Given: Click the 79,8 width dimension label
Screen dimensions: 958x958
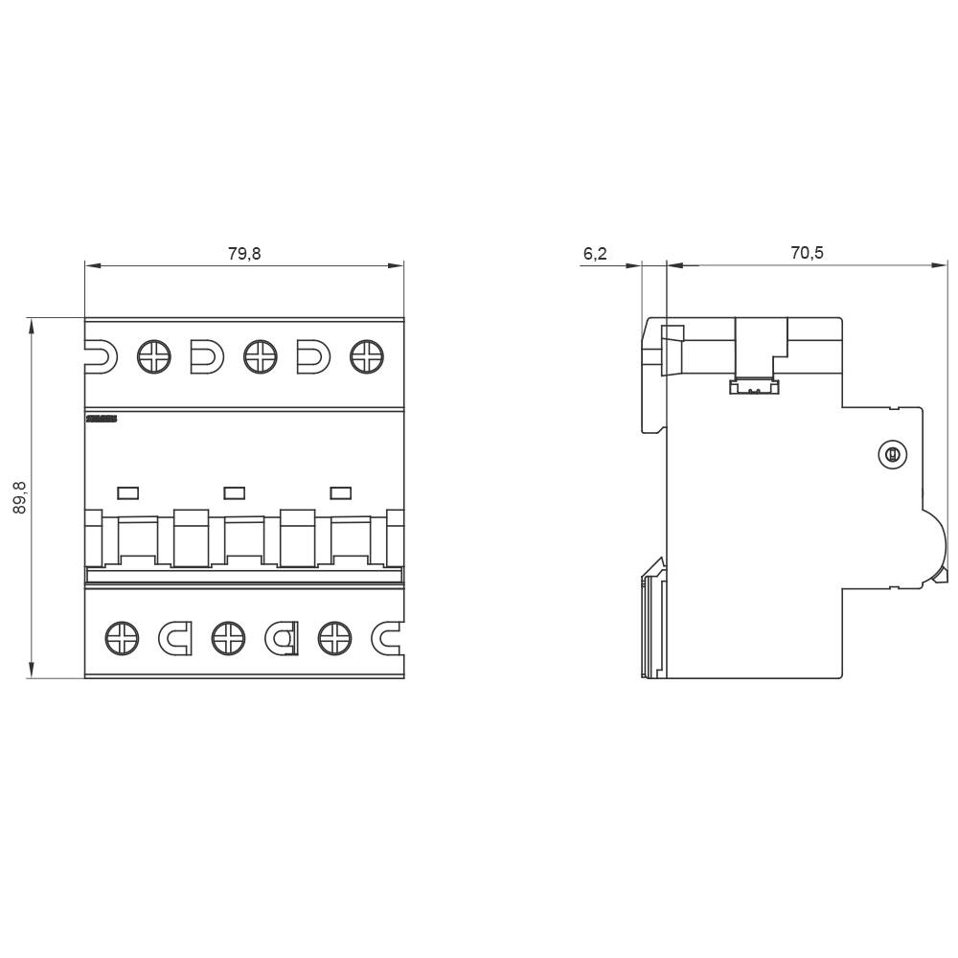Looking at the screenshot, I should pos(244,254).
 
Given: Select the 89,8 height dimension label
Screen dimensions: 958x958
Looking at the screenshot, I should pos(20,498).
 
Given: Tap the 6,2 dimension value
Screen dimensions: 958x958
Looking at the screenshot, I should pos(595,254).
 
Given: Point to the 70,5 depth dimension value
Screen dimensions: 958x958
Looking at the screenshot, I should pos(807,254).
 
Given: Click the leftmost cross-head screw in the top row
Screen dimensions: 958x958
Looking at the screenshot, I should pos(153,357).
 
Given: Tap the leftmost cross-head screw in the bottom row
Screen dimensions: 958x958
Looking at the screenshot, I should pos(123,638).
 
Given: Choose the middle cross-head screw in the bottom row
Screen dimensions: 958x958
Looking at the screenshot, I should pos(228,638).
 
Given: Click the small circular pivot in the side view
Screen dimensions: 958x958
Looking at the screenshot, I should pos(892,456).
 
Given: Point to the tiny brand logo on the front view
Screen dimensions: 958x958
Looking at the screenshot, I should pos(101,419).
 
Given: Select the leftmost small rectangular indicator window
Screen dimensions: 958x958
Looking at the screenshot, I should pos(127,493).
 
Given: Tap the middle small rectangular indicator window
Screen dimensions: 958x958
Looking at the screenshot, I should pos(234,493).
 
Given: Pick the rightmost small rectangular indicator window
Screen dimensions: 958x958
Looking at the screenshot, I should pos(340,493).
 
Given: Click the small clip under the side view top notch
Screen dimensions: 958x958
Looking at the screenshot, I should pos(754,387).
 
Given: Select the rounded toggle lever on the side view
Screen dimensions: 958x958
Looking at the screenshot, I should pos(934,546).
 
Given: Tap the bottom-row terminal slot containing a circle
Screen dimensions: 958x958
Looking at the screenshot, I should pos(282,638).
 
